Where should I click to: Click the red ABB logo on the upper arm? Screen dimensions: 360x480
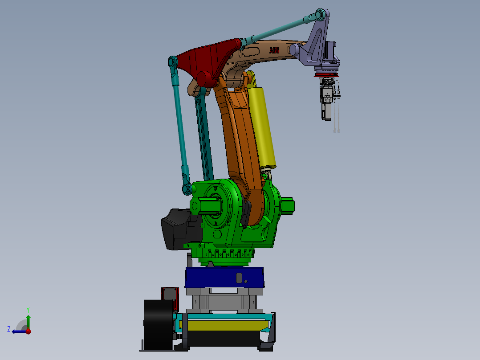click(274, 50)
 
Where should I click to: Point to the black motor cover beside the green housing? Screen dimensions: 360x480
click(176, 228)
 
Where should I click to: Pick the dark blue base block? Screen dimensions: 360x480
click(224, 277)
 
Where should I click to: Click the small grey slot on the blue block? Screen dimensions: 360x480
click(239, 278)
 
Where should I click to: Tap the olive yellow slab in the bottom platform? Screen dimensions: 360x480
click(223, 326)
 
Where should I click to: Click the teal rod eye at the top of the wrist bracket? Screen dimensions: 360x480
click(320, 14)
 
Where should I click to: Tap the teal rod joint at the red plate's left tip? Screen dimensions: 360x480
click(173, 62)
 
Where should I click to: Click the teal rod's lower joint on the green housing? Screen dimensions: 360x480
click(186, 189)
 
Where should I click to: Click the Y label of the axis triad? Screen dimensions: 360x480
click(28, 309)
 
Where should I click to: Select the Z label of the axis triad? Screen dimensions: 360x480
click(9, 329)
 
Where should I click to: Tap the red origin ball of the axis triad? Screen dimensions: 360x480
click(28, 331)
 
